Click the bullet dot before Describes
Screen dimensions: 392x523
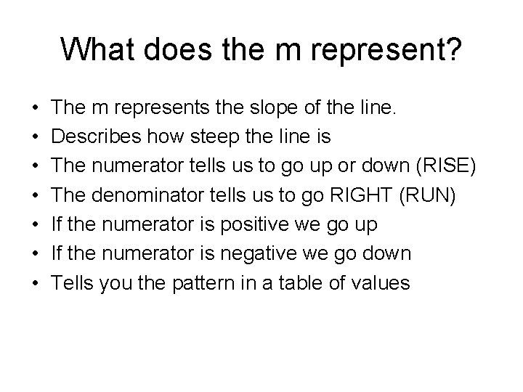click(x=36, y=137)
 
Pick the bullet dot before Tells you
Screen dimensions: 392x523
click(x=36, y=282)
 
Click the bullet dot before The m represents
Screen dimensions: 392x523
click(x=36, y=108)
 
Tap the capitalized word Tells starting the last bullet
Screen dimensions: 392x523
click(x=73, y=282)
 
